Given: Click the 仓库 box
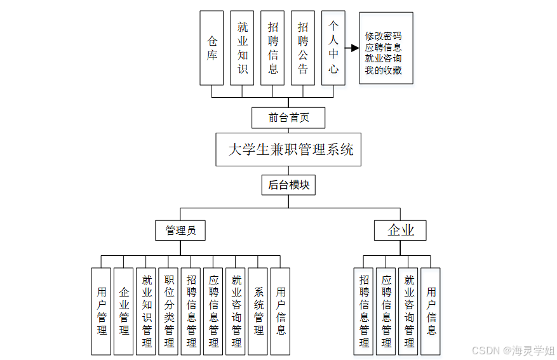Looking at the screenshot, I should click(211, 48).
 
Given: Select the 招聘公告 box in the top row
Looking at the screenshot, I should click(303, 48).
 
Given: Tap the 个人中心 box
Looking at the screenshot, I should click(333, 48).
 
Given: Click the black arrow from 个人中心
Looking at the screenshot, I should click(352, 48).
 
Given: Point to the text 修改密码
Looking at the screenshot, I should click(383, 36).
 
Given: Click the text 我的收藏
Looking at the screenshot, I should click(383, 70).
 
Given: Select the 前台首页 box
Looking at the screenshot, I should click(288, 117).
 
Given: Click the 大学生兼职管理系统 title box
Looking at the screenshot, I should click(288, 150).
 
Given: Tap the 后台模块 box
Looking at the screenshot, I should click(288, 185).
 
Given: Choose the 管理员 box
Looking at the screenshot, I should click(180, 230).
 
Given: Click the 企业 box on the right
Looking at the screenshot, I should click(400, 230).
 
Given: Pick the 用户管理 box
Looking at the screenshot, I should click(102, 311).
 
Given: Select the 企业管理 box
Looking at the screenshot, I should click(124, 311).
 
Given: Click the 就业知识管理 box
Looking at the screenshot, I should click(147, 311).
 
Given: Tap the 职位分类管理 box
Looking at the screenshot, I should click(169, 311).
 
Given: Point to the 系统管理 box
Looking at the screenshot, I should click(258, 311).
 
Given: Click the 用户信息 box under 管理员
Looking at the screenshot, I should click(281, 311).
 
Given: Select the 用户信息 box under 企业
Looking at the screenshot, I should click(431, 311).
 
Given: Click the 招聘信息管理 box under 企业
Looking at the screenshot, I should click(364, 311).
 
